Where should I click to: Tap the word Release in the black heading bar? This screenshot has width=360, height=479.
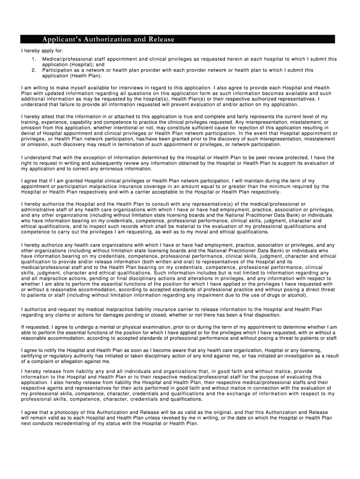tap(160, 39)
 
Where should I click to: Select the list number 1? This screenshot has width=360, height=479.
tap(34, 59)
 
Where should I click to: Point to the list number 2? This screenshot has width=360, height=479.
tap(34, 70)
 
